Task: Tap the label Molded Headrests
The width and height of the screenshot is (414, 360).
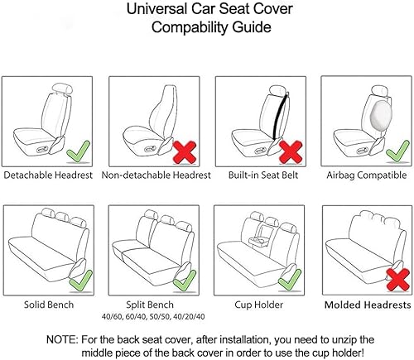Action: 364,305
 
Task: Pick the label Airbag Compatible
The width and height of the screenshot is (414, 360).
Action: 364,175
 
